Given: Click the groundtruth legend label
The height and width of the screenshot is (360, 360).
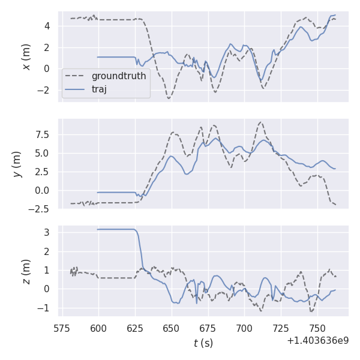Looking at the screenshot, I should point(119,76).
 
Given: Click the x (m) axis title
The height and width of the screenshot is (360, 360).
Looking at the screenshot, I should point(26,56).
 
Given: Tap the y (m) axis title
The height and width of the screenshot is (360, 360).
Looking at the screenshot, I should point(17,164).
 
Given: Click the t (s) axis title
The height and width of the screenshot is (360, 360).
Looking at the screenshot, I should point(203,343).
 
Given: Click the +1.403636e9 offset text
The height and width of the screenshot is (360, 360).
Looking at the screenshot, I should point(317,340).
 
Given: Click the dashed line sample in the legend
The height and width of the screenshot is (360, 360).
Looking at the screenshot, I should point(76,76).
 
